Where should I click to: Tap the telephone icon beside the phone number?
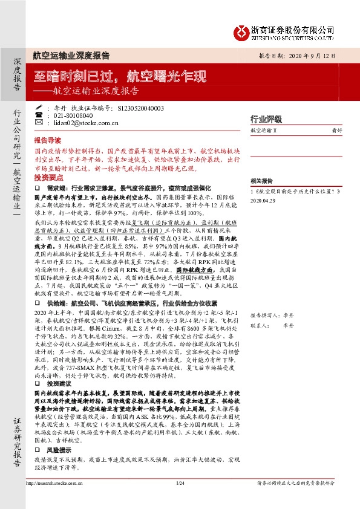39,115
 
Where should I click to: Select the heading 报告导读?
47,138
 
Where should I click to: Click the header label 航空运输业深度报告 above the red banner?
71,55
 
